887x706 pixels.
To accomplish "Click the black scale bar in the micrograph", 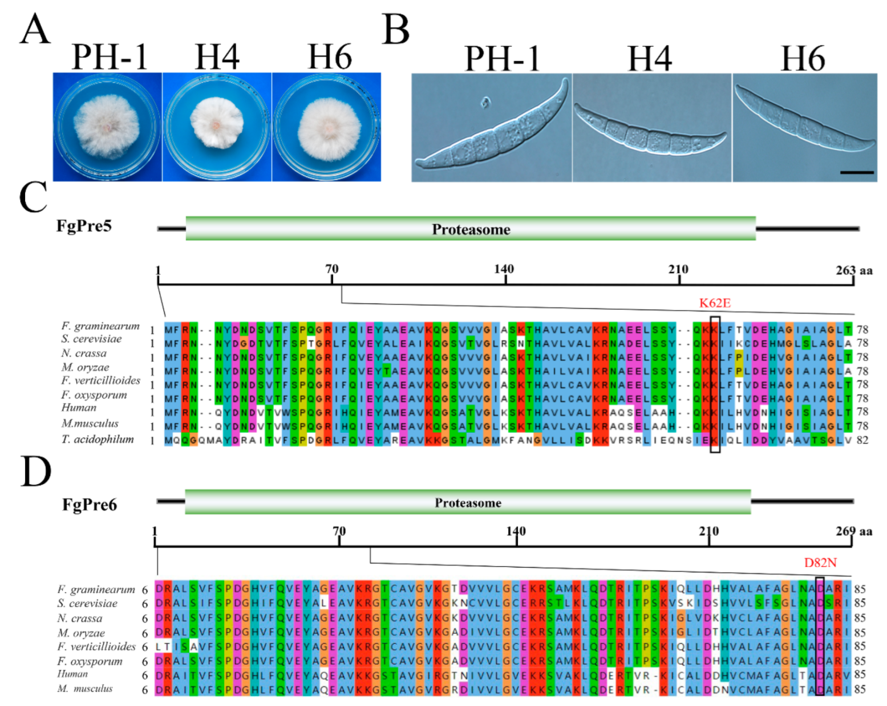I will pyautogui.click(x=857, y=172).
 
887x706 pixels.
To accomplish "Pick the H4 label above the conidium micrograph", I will pyautogui.click(x=649, y=59).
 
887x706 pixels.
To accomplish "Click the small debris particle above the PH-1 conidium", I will pyautogui.click(x=485, y=103).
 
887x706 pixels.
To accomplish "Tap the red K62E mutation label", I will pyautogui.click(x=715, y=303).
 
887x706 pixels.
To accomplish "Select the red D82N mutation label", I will pyautogui.click(x=820, y=563).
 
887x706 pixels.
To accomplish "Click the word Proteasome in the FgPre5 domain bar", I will pyautogui.click(x=471, y=229).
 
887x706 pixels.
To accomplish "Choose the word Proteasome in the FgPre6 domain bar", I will pyautogui.click(x=468, y=502).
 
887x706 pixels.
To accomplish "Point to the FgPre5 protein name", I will pyautogui.click(x=84, y=226).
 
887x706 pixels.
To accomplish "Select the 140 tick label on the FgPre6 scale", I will pyautogui.click(x=516, y=531).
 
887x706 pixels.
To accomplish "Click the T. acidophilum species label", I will pyautogui.click(x=98, y=439).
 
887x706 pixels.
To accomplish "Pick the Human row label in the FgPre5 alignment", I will pyautogui.click(x=79, y=408).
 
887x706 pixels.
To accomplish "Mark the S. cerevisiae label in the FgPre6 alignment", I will pyautogui.click(x=87, y=603).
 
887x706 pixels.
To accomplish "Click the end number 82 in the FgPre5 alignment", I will pyautogui.click(x=862, y=440).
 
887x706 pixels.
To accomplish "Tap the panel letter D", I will pyautogui.click(x=35, y=472).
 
